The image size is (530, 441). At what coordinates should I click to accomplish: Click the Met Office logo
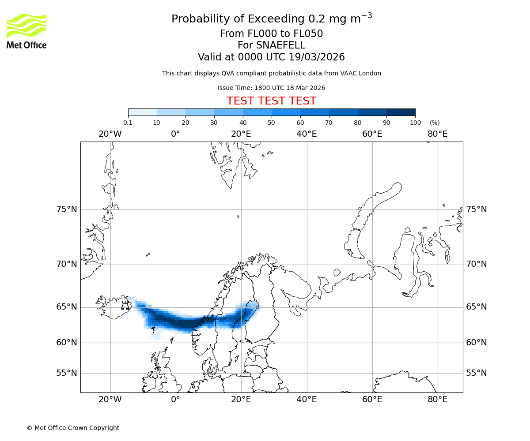26,31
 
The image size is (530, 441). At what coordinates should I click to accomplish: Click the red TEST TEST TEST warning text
271,101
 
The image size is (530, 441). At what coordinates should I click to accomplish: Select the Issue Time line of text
271,88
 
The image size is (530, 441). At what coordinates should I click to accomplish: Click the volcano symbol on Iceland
125,305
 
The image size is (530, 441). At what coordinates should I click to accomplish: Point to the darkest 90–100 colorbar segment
401,112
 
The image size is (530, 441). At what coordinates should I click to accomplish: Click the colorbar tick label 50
271,123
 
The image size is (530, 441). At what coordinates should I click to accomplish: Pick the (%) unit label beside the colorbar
435,123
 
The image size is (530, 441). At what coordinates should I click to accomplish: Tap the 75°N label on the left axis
67,209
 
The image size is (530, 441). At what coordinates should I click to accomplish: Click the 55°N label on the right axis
477,373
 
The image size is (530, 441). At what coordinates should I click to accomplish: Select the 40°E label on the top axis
307,134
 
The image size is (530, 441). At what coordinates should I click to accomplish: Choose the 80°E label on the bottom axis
437,400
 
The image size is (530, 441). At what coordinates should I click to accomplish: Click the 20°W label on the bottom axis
110,400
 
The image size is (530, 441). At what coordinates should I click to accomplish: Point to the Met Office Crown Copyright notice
73,428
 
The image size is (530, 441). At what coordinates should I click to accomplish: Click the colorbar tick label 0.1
128,123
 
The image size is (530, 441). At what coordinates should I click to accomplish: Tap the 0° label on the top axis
175,134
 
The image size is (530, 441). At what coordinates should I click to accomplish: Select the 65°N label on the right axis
477,306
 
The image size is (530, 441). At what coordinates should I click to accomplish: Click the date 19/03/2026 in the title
317,57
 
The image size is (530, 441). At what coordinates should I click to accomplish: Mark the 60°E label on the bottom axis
372,400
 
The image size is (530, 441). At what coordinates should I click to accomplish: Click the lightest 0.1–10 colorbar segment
142,112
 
